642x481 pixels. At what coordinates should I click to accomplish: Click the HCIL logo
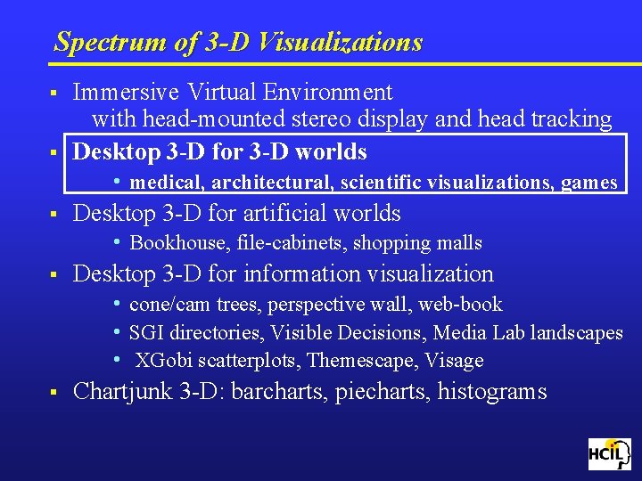click(x=609, y=454)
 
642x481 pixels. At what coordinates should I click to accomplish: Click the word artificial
click(x=282, y=213)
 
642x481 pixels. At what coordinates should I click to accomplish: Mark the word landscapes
click(x=577, y=333)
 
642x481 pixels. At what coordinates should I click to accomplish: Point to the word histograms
click(x=491, y=392)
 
